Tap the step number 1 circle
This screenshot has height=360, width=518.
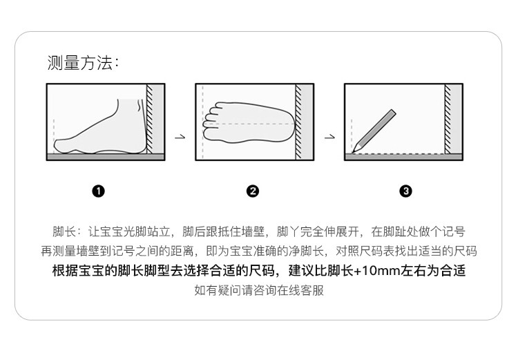[x=99, y=191]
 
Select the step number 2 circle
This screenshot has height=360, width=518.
[x=253, y=191]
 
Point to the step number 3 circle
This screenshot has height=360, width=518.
[x=405, y=191]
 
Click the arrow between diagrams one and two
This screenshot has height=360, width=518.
[x=180, y=137]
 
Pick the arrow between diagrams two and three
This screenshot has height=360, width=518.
[x=329, y=137]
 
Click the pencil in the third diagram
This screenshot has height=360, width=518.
[x=374, y=131]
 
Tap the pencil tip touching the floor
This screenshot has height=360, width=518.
[x=352, y=153]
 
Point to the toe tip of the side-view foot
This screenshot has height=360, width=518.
[x=55, y=146]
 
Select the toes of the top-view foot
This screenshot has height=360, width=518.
[x=211, y=122]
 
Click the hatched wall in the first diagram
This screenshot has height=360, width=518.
[x=150, y=119]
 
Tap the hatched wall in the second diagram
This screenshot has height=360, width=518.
[x=298, y=122]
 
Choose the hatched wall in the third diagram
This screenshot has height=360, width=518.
[x=448, y=119]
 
